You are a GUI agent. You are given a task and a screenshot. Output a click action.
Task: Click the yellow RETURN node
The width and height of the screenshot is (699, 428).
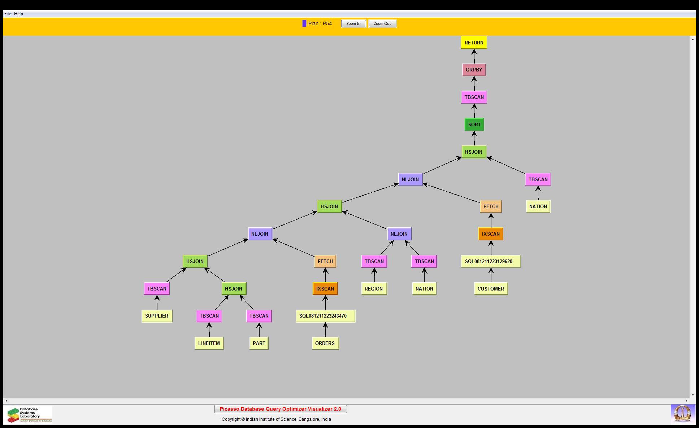(474, 43)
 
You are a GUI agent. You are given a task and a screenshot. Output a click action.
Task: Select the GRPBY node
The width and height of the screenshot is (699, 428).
(474, 70)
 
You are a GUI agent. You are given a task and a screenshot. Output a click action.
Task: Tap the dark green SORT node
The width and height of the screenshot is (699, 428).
(474, 125)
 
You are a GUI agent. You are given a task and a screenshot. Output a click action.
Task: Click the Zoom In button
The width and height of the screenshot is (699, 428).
(353, 24)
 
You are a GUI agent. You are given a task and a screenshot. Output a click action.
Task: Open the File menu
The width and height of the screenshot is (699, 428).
(8, 14)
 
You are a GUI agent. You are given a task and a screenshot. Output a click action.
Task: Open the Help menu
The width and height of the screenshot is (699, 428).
(18, 14)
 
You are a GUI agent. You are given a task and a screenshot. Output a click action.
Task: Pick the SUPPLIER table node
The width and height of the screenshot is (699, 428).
(157, 316)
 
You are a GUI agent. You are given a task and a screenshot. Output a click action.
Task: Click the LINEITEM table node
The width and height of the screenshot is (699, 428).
(209, 343)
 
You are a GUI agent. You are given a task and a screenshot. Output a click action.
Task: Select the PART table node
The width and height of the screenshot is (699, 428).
(259, 343)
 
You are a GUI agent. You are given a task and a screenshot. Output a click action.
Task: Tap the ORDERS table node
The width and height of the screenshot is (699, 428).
(325, 343)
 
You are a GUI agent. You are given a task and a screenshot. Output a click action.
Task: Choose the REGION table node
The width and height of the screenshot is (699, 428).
(374, 289)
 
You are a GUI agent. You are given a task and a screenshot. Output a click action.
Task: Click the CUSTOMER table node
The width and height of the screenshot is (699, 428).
(491, 289)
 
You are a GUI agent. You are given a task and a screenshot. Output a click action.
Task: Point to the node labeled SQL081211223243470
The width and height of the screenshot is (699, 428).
(325, 316)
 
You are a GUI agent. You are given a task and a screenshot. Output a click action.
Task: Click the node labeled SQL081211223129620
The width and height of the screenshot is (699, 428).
(491, 261)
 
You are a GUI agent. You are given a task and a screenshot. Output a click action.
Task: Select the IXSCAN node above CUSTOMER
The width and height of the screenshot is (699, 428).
(491, 234)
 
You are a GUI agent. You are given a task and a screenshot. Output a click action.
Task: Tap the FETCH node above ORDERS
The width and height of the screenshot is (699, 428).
(325, 261)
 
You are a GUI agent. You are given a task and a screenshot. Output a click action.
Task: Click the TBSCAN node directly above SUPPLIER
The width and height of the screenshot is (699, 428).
(157, 289)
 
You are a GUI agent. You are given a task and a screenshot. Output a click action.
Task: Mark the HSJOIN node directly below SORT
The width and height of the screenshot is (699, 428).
(474, 152)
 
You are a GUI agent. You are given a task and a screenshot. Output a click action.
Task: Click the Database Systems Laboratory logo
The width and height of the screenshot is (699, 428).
(28, 415)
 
